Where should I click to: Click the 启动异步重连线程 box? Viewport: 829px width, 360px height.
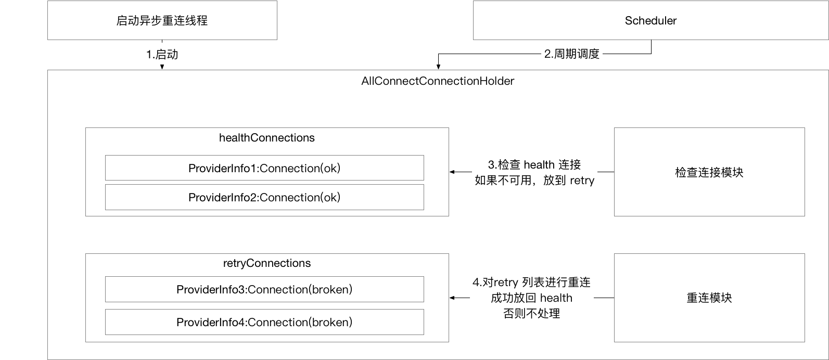click(x=162, y=21)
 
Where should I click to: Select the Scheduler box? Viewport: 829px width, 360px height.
click(x=651, y=21)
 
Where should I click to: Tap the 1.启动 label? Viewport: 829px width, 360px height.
click(x=162, y=54)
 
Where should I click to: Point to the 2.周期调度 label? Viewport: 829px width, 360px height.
click(x=572, y=54)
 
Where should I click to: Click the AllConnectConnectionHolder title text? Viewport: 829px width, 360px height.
click(x=437, y=81)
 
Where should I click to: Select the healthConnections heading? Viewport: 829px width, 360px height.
click(x=267, y=138)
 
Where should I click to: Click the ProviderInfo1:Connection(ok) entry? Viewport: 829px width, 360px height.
click(x=264, y=168)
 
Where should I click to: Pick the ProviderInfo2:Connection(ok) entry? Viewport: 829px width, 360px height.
click(x=264, y=197)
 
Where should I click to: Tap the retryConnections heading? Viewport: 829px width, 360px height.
click(x=267, y=263)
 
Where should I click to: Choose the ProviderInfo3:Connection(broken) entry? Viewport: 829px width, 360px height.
click(x=264, y=289)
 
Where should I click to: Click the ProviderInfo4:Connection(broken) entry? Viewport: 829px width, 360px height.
click(x=264, y=322)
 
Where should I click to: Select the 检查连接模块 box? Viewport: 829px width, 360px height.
click(x=709, y=172)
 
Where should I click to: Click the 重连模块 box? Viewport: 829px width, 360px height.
click(x=709, y=298)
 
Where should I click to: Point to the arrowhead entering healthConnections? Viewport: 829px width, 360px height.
click(x=452, y=172)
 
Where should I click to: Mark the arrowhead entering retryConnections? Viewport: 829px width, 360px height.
click(x=452, y=298)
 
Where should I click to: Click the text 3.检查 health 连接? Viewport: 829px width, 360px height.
click(x=534, y=165)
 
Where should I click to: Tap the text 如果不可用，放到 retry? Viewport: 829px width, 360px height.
click(x=534, y=181)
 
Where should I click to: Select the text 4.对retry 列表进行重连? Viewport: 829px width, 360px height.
click(x=531, y=282)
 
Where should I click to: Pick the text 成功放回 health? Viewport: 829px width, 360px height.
click(x=531, y=298)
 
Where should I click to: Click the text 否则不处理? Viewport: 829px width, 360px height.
click(x=531, y=314)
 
